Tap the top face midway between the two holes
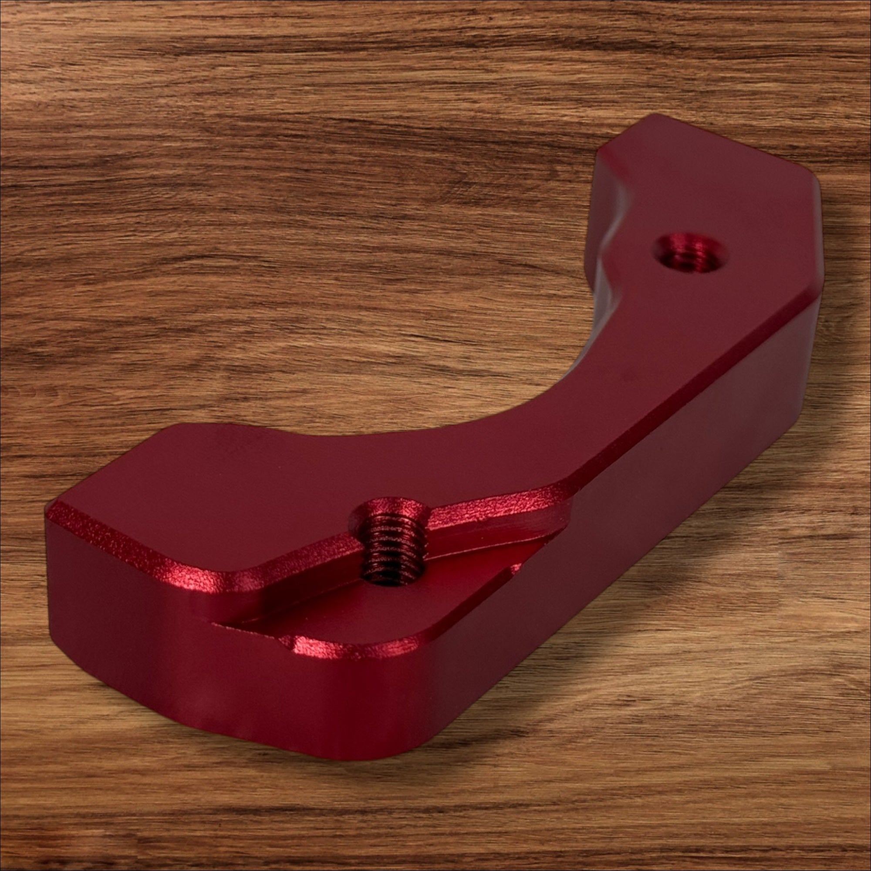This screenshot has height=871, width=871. pos(541,406)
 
